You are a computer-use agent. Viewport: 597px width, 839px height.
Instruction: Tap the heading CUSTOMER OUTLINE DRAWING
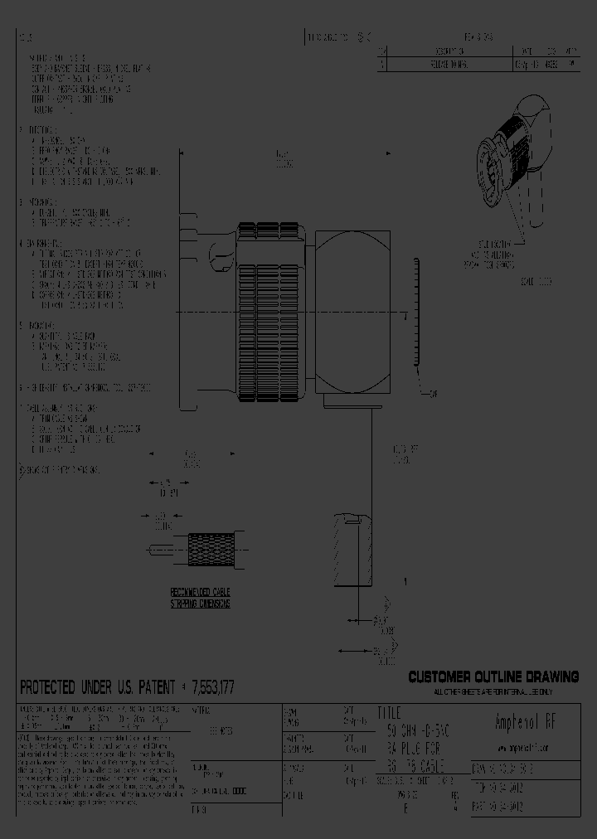coord(493,677)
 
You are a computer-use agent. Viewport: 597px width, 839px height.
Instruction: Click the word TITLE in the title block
coord(389,713)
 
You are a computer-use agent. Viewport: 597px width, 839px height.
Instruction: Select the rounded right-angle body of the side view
coord(352,313)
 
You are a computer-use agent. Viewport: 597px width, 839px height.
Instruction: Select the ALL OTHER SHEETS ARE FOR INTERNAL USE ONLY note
coord(493,691)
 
